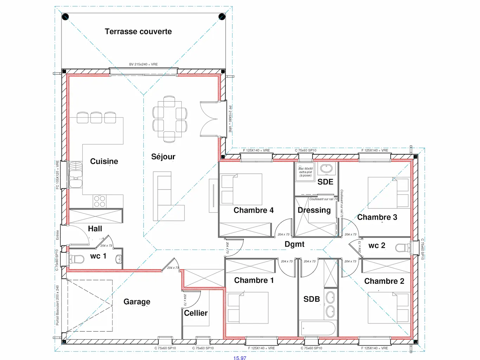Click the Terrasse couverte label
[x=138, y=32]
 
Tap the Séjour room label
[x=163, y=157]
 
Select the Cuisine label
[x=104, y=161]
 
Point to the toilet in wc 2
[x=402, y=248]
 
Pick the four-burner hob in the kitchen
[x=99, y=201]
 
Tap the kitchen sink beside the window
[x=75, y=174]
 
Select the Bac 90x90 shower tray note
[x=305, y=172]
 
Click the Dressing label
[x=314, y=210]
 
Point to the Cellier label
[x=196, y=313]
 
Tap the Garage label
[x=137, y=302]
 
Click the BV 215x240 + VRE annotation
[x=143, y=64]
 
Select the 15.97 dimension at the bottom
[x=240, y=358]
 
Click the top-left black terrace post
[x=65, y=17]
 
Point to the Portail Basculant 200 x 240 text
[x=57, y=305]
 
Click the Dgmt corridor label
[x=294, y=244]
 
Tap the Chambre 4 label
[x=253, y=210]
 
